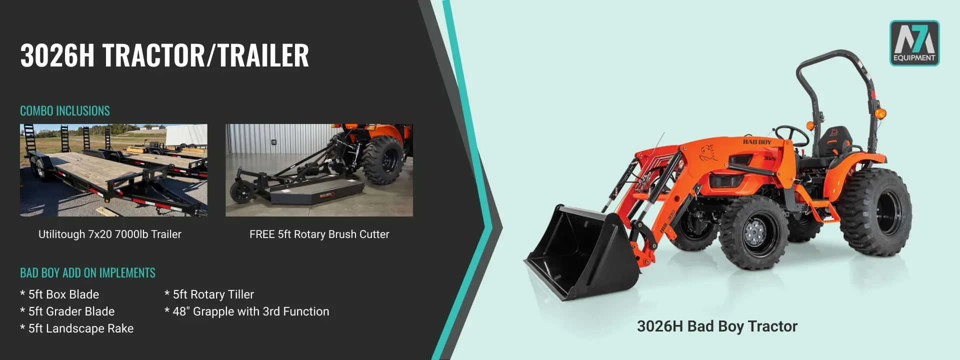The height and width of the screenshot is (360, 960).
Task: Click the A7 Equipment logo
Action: click(x=914, y=43)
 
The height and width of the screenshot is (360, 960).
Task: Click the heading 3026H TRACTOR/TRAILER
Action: click(x=164, y=55)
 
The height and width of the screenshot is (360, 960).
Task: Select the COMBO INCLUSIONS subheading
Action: click(x=65, y=110)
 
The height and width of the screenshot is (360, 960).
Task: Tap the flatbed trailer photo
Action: click(x=113, y=170)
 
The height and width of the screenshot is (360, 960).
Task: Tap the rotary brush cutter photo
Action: click(x=319, y=170)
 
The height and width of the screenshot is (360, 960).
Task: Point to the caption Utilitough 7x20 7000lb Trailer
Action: click(x=110, y=234)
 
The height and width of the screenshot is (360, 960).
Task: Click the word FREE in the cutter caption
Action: click(x=262, y=234)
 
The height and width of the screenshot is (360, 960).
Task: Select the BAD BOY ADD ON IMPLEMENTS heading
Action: click(x=87, y=272)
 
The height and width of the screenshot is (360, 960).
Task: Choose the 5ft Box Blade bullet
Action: click(x=59, y=294)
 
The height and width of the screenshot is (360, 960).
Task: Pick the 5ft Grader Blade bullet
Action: click(x=67, y=311)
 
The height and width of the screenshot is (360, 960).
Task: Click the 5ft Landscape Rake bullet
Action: click(x=77, y=328)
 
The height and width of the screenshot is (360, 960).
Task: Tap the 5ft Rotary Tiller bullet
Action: click(x=209, y=294)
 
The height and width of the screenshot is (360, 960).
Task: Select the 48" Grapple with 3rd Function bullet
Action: click(x=247, y=311)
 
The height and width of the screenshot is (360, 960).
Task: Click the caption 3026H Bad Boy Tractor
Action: click(x=717, y=326)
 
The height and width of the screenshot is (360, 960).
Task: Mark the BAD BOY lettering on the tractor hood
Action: click(x=757, y=142)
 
